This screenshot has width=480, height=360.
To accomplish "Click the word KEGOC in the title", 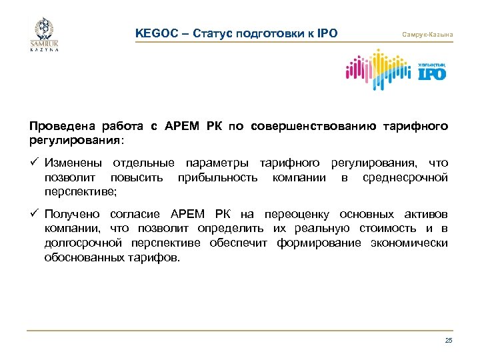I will [x=154, y=33].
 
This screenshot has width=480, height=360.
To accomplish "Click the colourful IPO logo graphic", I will [x=395, y=71].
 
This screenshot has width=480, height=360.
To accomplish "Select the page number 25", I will [x=448, y=341].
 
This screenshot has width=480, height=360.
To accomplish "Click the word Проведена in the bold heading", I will [x=55, y=125].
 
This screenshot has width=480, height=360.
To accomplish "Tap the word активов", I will [x=425, y=214].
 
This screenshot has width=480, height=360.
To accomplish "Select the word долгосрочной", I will [x=77, y=243].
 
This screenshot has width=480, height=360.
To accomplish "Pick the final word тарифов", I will [x=155, y=257].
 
